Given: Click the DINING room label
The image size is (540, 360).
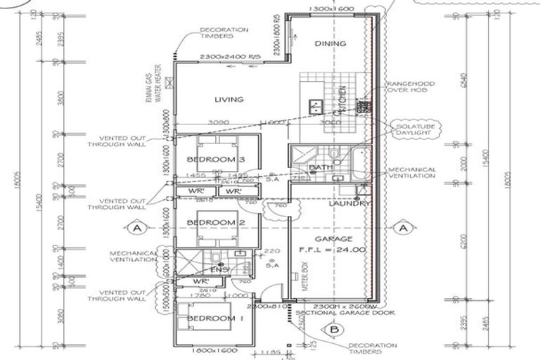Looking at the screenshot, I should click(330, 44).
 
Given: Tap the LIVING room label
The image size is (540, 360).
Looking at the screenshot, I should click(229, 100).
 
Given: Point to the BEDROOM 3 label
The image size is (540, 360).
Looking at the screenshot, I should click(215, 159).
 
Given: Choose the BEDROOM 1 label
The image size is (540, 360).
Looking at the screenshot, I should click(214, 319).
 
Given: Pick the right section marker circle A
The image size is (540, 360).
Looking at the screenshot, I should click(403, 228).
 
